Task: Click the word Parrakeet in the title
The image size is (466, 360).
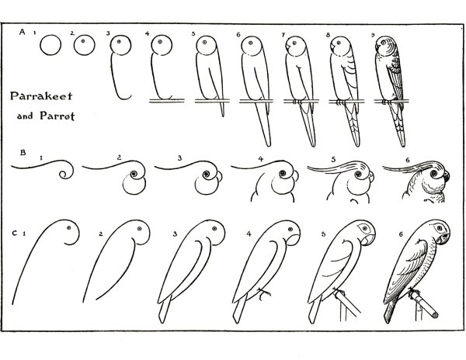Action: click(41, 96)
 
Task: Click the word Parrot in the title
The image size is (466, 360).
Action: click(57, 116)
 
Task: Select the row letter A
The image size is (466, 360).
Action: click(22, 32)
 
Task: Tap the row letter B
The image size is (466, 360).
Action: click(23, 153)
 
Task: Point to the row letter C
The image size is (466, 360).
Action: click(14, 234)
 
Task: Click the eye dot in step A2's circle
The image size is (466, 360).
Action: click(83, 41)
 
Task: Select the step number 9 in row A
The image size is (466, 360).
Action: click(373, 35)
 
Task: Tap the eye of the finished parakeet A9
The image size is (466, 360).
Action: click(384, 43)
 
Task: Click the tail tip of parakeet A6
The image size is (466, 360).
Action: click(269, 145)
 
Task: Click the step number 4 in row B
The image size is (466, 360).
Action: click(261, 159)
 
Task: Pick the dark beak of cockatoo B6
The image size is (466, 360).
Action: click(446, 177)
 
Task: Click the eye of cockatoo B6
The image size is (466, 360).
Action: click(436, 173)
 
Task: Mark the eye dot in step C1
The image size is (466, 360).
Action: click(69, 227)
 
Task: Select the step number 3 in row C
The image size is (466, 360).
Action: click(175, 234)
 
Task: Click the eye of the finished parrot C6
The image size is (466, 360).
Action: click(440, 228)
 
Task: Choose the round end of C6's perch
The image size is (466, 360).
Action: click(435, 314)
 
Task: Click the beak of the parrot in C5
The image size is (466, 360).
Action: click(367, 239)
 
